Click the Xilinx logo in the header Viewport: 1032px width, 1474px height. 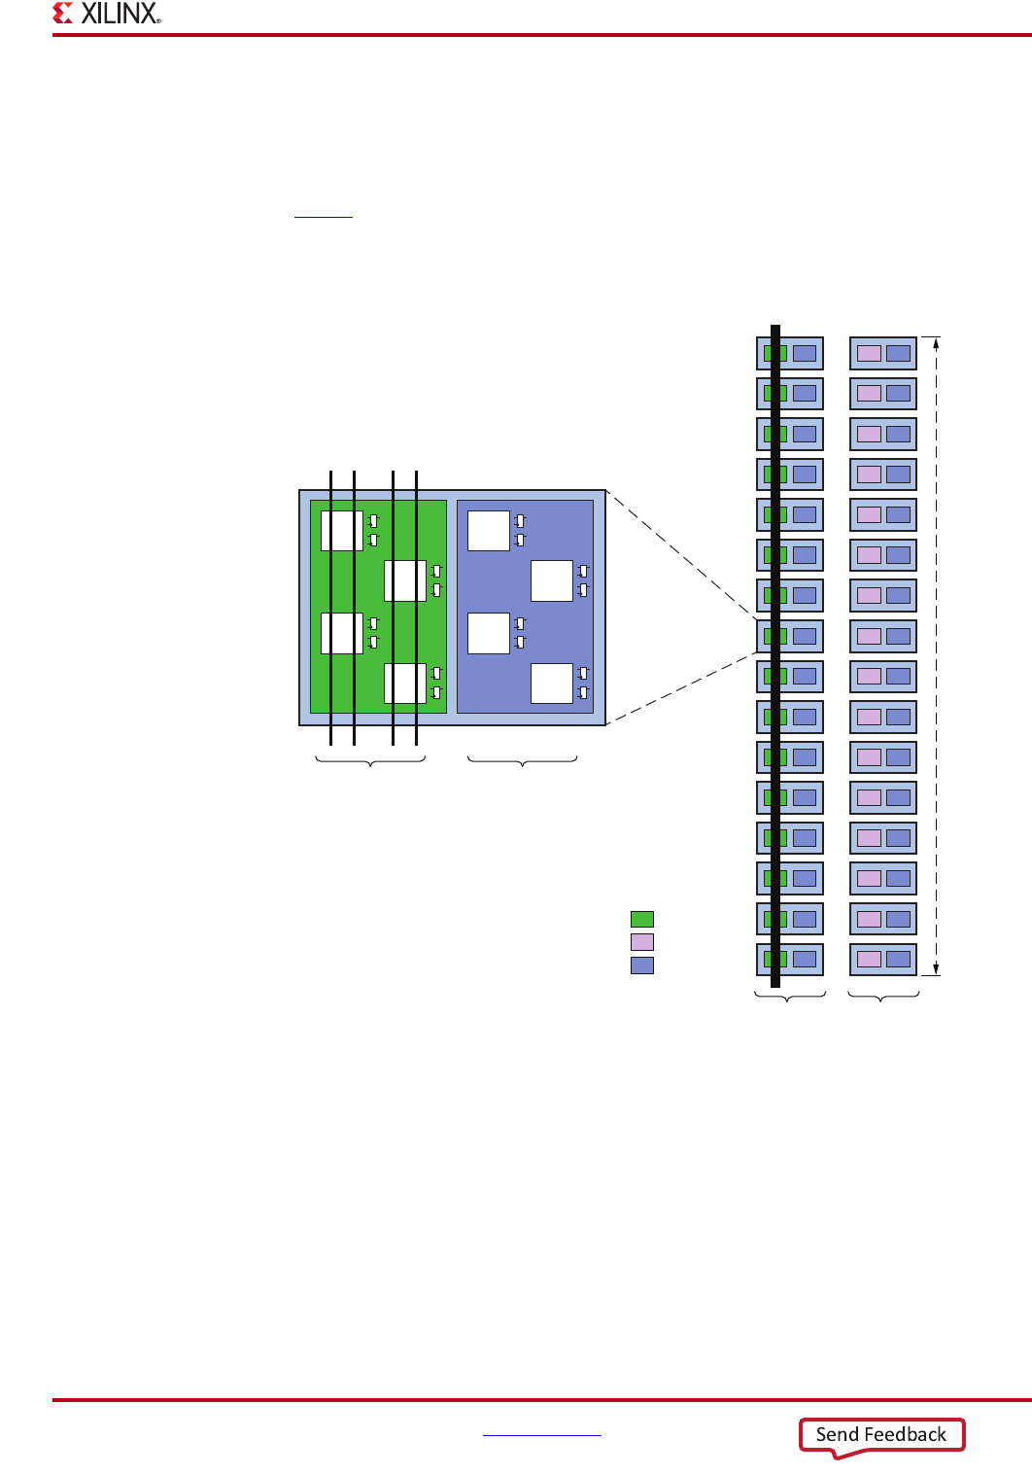click(107, 14)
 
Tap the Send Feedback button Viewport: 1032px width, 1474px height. click(880, 1434)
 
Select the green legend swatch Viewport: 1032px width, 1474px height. click(642, 919)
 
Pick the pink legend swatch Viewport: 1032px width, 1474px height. click(642, 942)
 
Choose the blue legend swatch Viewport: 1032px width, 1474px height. click(642, 965)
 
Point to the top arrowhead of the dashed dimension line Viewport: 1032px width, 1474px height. click(936, 342)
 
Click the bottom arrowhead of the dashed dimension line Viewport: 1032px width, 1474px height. click(936, 968)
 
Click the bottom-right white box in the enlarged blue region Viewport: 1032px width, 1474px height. click(552, 684)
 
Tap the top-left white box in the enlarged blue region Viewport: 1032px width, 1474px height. click(489, 531)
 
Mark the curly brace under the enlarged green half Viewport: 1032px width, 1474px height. click(371, 760)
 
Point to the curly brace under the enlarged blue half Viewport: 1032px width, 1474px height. click(523, 760)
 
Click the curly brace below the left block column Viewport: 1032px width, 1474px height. click(790, 997)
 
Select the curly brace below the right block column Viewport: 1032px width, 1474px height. click(883, 997)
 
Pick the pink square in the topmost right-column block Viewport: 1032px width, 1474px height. click(869, 353)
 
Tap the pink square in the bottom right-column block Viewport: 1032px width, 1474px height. click(869, 960)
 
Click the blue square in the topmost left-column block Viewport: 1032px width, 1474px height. click(805, 353)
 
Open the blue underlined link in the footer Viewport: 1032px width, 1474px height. click(541, 1433)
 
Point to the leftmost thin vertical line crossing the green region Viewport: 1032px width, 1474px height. click(331, 603)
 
